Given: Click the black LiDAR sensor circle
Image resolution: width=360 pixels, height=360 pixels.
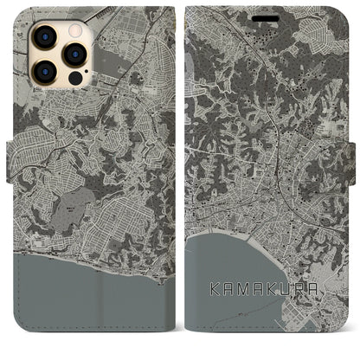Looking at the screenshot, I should pyautogui.click(x=74, y=76).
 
